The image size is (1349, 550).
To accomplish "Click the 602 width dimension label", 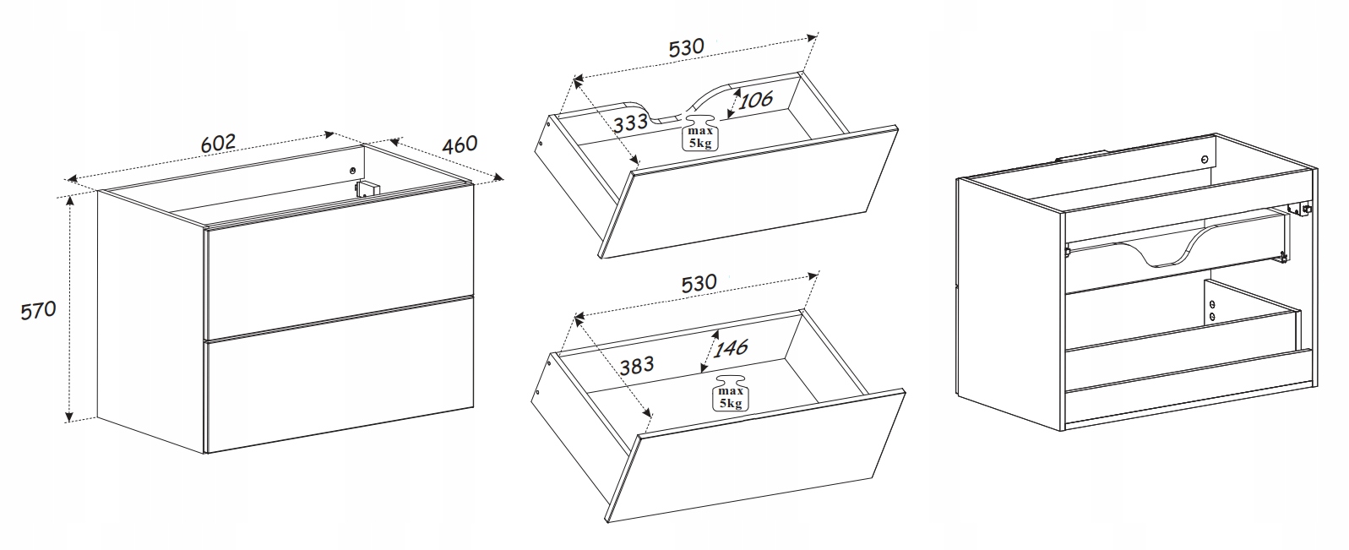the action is click(218, 144).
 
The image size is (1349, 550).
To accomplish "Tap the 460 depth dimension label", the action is click(460, 144).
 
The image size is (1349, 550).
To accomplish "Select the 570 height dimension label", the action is click(39, 310).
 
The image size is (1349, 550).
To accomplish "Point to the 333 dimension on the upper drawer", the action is click(630, 123).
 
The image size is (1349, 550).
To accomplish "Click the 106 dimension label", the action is click(755, 100).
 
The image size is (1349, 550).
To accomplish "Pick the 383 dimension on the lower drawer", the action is click(637, 365).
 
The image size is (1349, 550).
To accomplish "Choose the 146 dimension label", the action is click(731, 347).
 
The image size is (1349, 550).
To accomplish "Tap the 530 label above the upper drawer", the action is click(687, 47).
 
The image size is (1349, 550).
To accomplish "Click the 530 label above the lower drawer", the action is click(699, 283).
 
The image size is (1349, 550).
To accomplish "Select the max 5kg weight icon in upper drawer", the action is click(699, 133).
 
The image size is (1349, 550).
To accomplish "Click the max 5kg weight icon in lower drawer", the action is click(731, 393).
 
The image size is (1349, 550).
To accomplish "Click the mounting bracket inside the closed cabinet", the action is click(368, 188).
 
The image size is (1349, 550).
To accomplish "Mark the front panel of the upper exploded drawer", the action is click(748, 193).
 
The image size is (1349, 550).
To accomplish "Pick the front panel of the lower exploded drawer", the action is click(755, 456).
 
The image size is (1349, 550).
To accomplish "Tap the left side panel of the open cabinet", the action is click(1010, 303).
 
